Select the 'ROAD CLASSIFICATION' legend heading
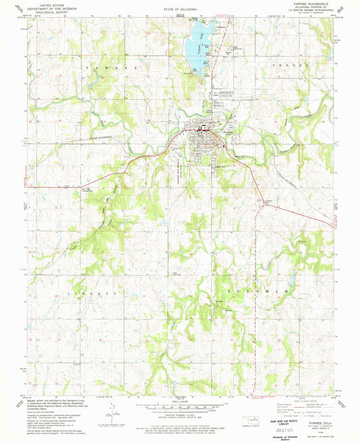pyautogui.click(x=291, y=398)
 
